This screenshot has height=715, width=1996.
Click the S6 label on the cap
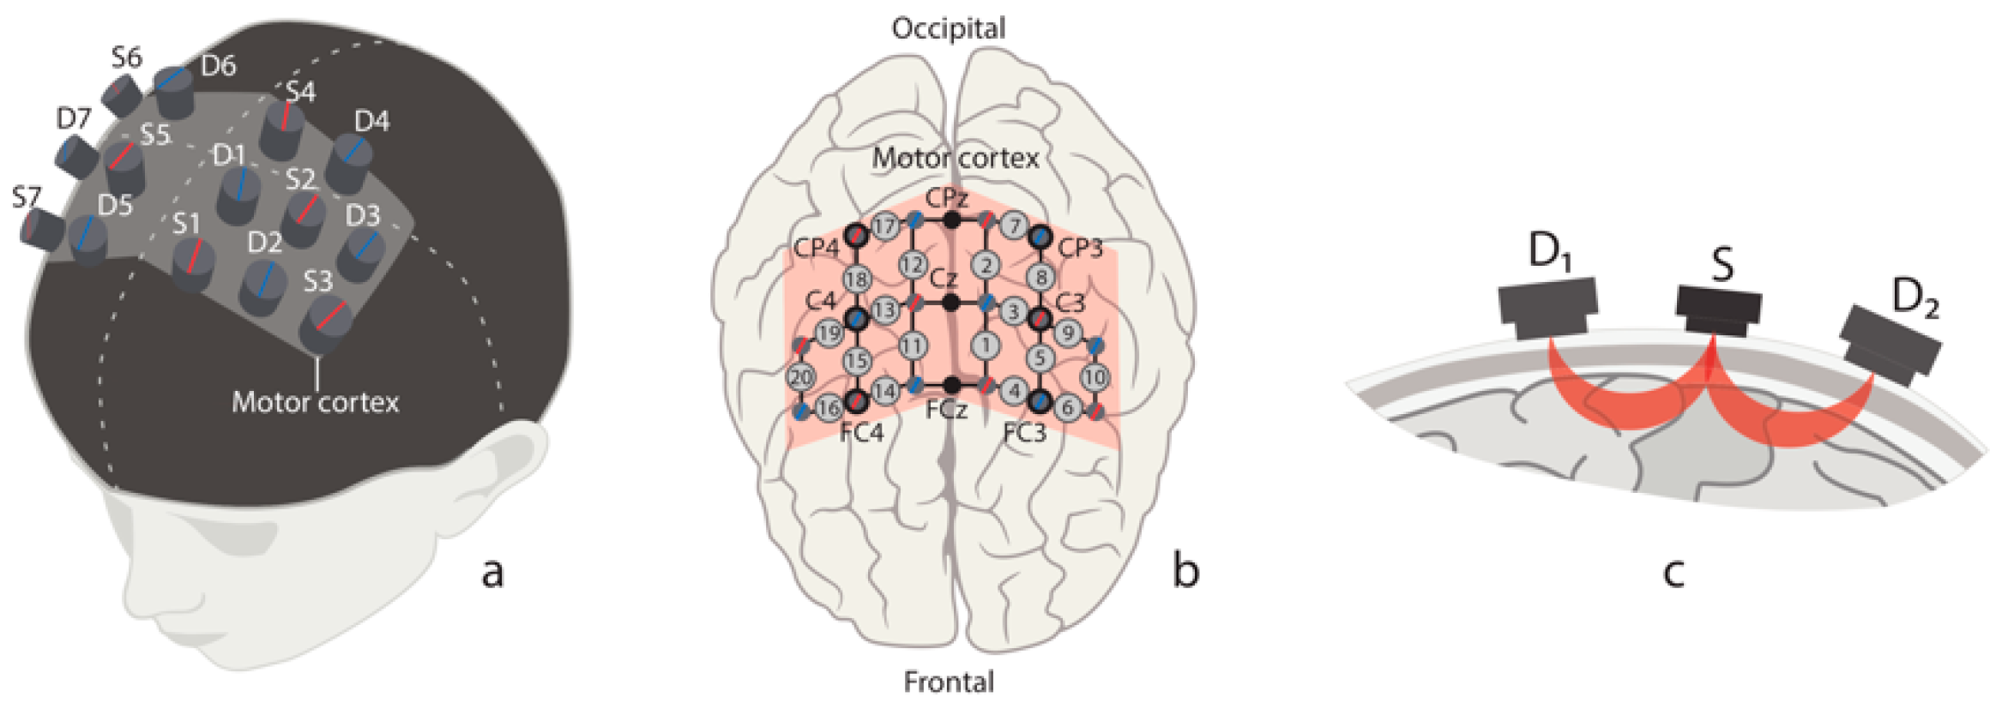pyautogui.click(x=126, y=57)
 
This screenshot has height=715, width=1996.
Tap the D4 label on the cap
pyautogui.click(x=371, y=122)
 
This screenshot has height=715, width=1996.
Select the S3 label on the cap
pyautogui.click(x=317, y=281)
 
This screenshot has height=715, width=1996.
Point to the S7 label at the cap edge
pyautogui.click(x=26, y=198)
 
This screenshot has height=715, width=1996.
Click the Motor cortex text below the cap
pyautogui.click(x=315, y=402)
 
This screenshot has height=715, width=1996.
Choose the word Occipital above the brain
pyautogui.click(x=948, y=28)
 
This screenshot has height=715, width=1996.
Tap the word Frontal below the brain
pyautogui.click(x=949, y=682)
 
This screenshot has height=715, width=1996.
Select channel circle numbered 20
pyautogui.click(x=801, y=376)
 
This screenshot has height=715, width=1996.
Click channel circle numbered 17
pyautogui.click(x=884, y=226)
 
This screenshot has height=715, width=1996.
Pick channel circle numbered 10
pyautogui.click(x=1094, y=376)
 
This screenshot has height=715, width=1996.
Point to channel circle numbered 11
pyautogui.click(x=913, y=345)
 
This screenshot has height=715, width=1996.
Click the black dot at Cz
pyautogui.click(x=950, y=302)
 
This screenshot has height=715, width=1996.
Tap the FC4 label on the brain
pyautogui.click(x=861, y=431)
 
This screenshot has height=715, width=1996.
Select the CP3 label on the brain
pyautogui.click(x=1080, y=248)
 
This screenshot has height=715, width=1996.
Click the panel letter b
pyautogui.click(x=1185, y=571)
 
